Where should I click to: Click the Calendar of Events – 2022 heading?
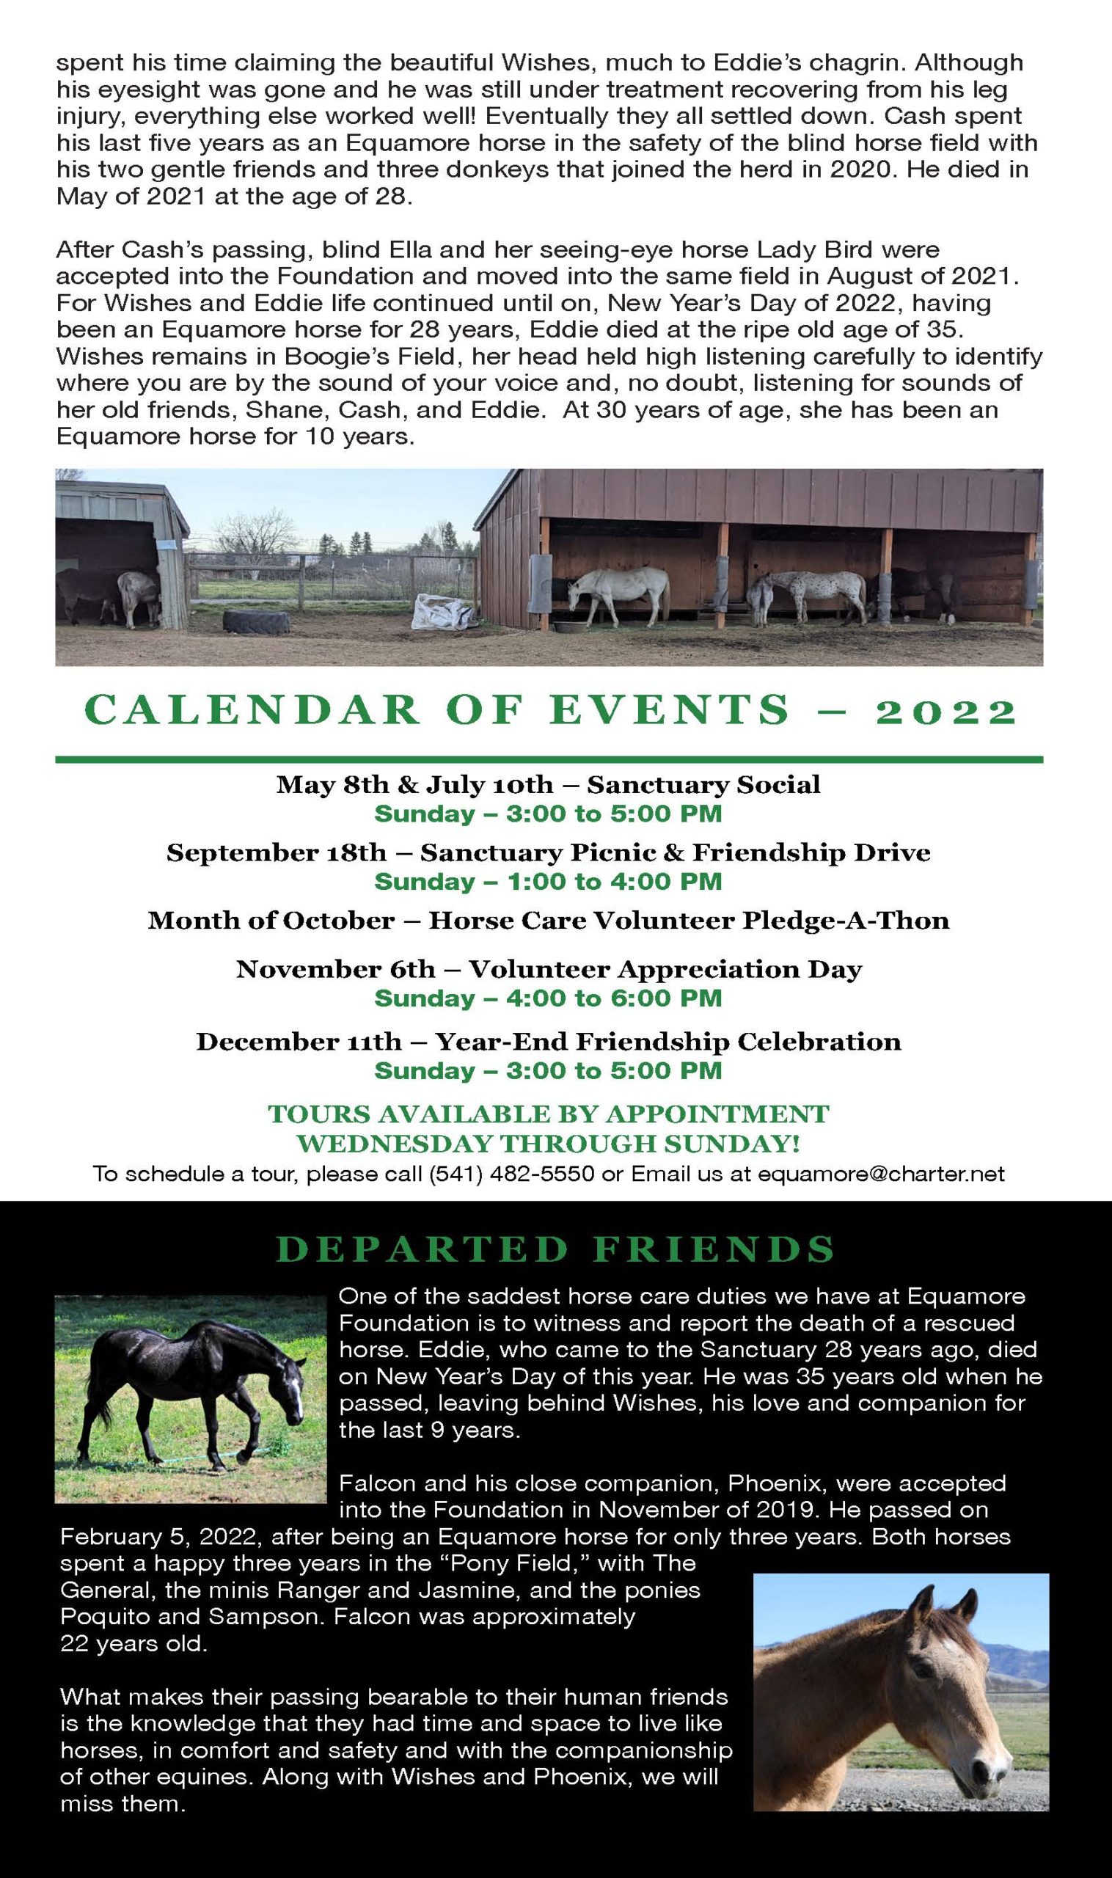551,710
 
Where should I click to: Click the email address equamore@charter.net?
881,1174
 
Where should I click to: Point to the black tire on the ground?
256,621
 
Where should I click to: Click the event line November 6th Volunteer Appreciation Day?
549,970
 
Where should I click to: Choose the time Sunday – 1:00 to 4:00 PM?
548,881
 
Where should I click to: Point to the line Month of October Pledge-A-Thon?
549,920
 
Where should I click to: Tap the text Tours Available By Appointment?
549,1114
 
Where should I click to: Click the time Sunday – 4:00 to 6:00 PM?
548,998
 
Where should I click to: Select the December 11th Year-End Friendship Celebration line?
549,1042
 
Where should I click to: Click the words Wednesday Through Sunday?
549,1144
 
